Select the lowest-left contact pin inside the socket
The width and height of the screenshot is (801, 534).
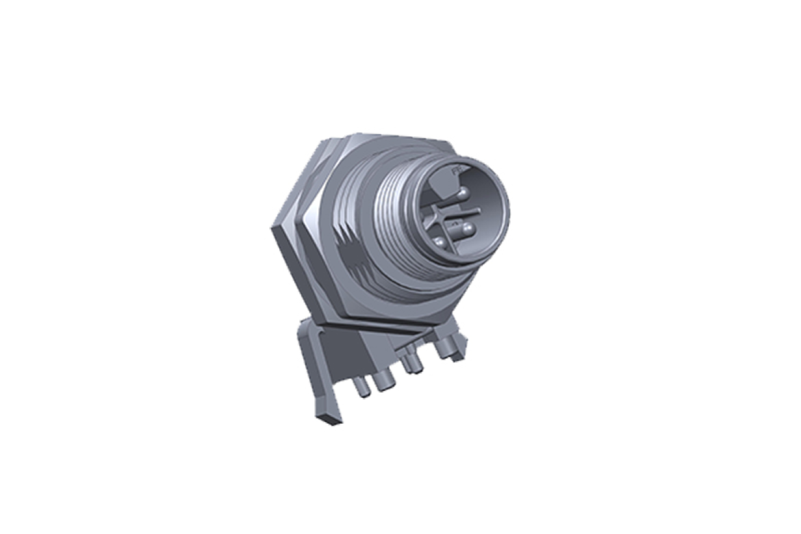point(438,242)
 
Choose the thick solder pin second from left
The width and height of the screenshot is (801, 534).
point(381,384)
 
